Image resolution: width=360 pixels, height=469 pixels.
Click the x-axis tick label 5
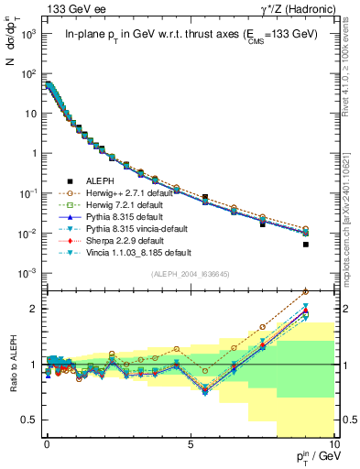190,443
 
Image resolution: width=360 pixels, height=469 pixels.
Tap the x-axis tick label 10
333,443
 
